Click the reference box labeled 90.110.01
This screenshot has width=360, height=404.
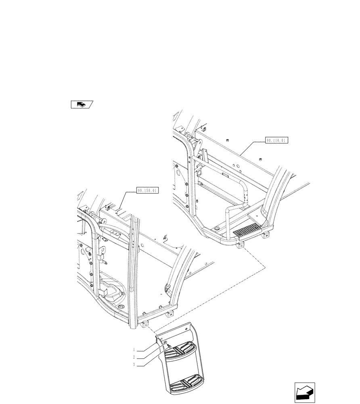tap(276, 141)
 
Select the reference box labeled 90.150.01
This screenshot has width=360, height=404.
tap(147, 189)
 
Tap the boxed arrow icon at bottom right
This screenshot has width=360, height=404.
tap(305, 393)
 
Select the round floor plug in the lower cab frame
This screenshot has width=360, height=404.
tap(120, 309)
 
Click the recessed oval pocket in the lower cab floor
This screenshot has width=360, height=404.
tap(111, 291)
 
